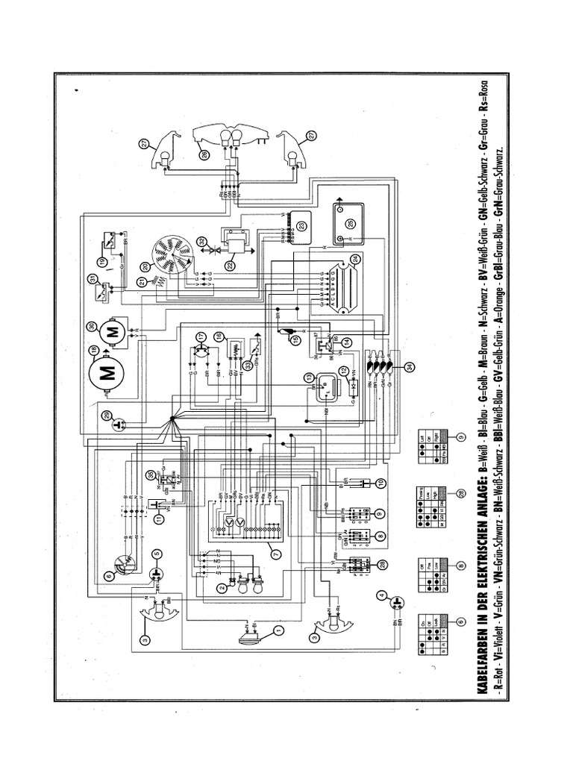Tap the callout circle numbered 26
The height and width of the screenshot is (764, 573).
203,154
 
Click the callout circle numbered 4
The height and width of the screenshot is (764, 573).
381,595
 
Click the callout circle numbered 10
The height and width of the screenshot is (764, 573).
381,483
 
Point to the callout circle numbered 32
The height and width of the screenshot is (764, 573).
201,240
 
